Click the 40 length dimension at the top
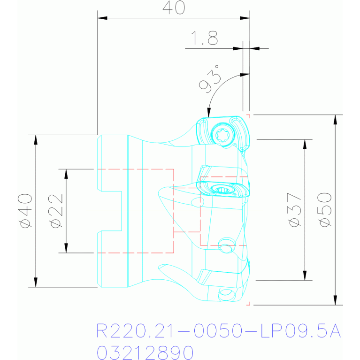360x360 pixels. click(174, 8)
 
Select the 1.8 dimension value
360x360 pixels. click(204, 38)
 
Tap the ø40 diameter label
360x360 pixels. click(25, 211)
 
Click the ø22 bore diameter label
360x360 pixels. click(56, 211)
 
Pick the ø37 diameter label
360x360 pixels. click(294, 210)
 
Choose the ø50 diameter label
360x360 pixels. click(325, 210)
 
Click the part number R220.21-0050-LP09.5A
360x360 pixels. click(218, 330)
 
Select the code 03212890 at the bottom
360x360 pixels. click(145, 352)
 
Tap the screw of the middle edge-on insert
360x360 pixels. click(222, 190)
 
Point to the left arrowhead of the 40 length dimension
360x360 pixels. click(102, 18)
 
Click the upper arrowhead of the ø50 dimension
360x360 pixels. click(335, 120)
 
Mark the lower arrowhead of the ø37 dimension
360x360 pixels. click(305, 276)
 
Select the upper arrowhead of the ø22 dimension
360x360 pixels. click(66, 174)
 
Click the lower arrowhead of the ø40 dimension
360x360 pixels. click(36, 282)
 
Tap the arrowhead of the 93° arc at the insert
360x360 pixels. click(209, 113)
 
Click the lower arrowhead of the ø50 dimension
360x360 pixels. click(335, 300)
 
